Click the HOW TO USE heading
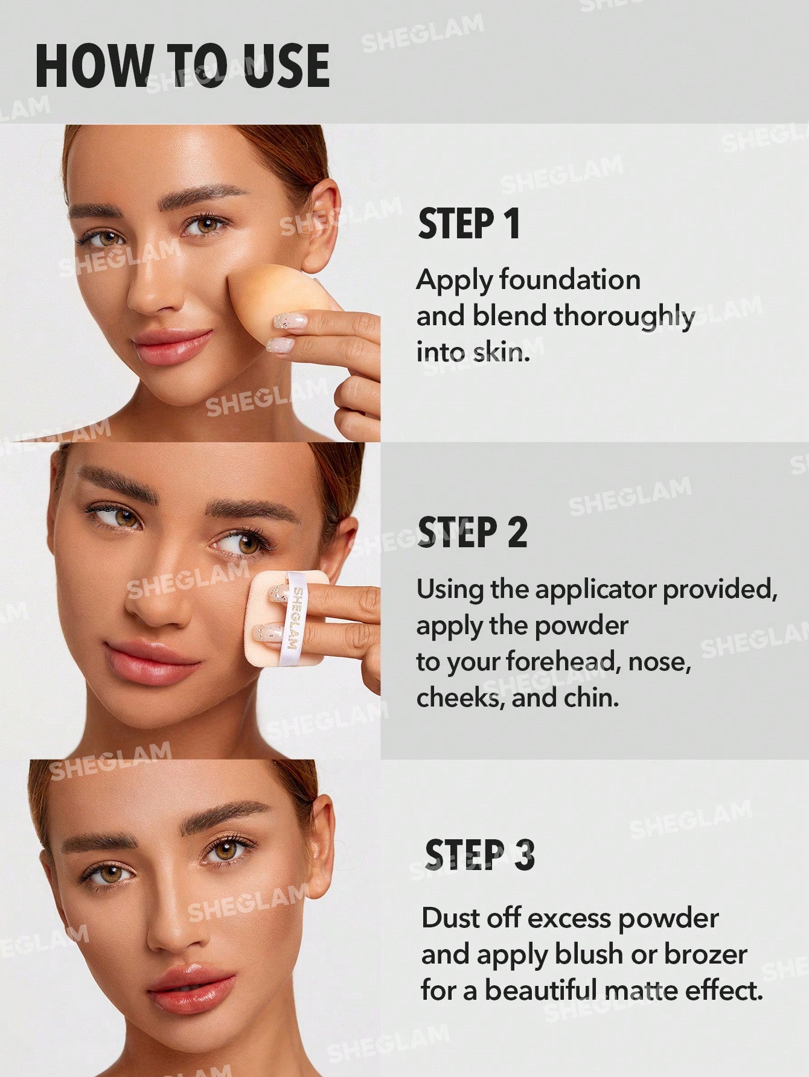[x=182, y=66]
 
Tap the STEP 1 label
[x=468, y=224]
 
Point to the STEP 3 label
[x=480, y=855]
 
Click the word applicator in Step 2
[x=596, y=589]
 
